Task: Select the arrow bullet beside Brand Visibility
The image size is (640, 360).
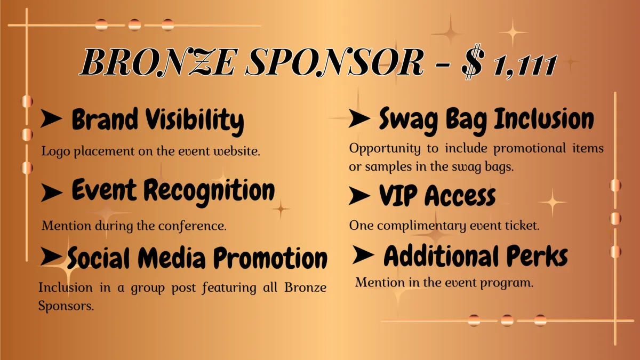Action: [51, 118]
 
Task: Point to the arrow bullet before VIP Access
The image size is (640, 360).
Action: [359, 196]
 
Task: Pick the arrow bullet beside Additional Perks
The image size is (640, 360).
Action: [363, 254]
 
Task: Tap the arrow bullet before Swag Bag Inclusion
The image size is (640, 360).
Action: [359, 118]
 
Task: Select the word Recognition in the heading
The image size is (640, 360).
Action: [209, 191]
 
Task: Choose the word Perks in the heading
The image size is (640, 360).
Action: [537, 256]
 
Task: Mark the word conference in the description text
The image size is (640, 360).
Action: [193, 226]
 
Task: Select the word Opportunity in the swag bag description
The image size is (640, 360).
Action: [385, 149]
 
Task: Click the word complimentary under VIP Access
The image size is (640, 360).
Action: [422, 226]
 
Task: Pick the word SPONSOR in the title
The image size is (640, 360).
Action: [334, 62]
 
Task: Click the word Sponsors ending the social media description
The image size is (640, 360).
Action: [66, 307]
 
